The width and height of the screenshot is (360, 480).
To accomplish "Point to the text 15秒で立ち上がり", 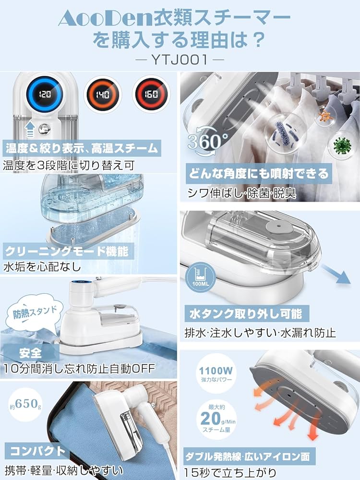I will (230, 470).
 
